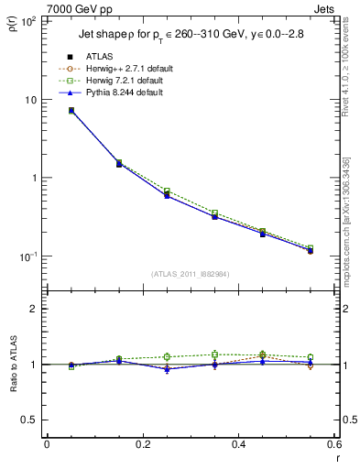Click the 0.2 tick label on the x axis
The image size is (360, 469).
point(142,445)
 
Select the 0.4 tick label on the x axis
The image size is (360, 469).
point(238,445)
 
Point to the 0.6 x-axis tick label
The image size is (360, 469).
point(333,445)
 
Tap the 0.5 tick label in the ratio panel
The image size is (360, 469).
point(30,420)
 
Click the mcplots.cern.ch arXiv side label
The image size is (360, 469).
point(352,211)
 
